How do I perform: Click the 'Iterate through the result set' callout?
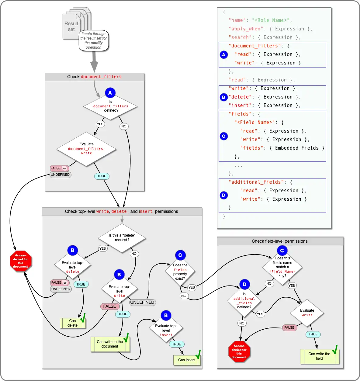pos(94,40)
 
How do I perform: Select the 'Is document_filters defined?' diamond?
pos(111,106)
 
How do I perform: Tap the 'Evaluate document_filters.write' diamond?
pos(87,149)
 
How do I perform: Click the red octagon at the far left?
pos(20,261)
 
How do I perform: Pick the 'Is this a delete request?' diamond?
pos(122,238)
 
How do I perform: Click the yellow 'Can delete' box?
pos(73,323)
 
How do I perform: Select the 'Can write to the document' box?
pos(110,344)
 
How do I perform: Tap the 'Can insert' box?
pos(187,360)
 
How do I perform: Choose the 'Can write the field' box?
pos(319,356)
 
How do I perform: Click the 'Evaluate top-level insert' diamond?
pos(166,330)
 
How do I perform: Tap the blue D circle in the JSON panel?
pos(224,195)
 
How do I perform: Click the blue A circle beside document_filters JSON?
pos(224,55)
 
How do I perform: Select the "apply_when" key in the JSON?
pos(246,29)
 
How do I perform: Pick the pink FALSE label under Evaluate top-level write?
pos(109,306)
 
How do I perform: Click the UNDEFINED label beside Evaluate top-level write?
pos(142,302)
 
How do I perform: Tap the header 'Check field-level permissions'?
pos(280,241)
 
